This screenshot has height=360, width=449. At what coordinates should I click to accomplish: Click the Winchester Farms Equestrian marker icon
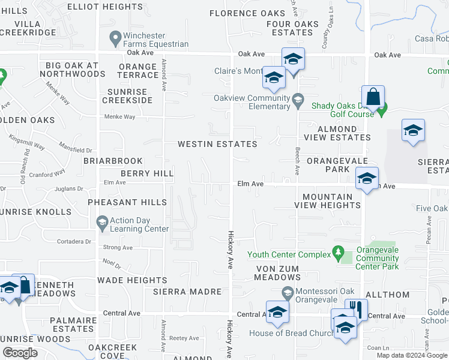pos(115,38)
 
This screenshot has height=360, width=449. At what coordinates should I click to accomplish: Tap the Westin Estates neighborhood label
pos(217,144)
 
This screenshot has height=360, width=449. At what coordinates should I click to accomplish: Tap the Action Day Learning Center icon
pos(101,223)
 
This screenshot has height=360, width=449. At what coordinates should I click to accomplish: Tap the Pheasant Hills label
pos(127,203)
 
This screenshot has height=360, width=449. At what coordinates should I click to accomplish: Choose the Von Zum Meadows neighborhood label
pos(277,273)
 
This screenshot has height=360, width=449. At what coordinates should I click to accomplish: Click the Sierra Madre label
pos(180,292)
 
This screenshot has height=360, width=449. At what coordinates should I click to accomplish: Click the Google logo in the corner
pos(20,353)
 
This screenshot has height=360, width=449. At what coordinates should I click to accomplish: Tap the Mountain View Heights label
pos(327,201)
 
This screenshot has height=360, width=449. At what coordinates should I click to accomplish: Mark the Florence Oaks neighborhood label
pos(247,13)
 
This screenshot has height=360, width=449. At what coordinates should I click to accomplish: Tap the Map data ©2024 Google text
pos(411,355)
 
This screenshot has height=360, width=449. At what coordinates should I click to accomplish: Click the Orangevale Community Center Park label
pos(377,258)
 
